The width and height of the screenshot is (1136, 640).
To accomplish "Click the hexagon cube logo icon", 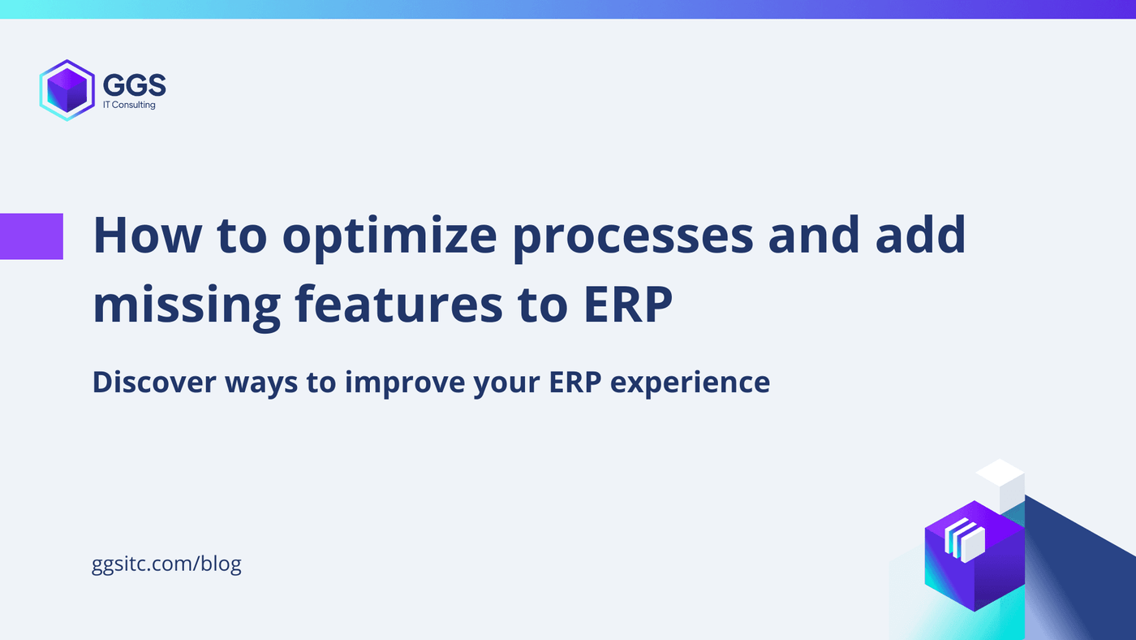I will tap(67, 90).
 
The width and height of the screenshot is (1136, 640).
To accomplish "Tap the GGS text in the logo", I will tap(134, 84).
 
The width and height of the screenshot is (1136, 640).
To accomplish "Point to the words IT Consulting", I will tap(129, 105).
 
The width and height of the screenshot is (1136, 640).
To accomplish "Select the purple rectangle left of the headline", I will tap(32, 236).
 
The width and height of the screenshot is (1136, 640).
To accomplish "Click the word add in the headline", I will tap(916, 236).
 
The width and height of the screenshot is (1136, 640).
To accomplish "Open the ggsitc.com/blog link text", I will tap(167, 563).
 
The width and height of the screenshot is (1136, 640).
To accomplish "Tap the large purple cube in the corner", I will tap(974, 569).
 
